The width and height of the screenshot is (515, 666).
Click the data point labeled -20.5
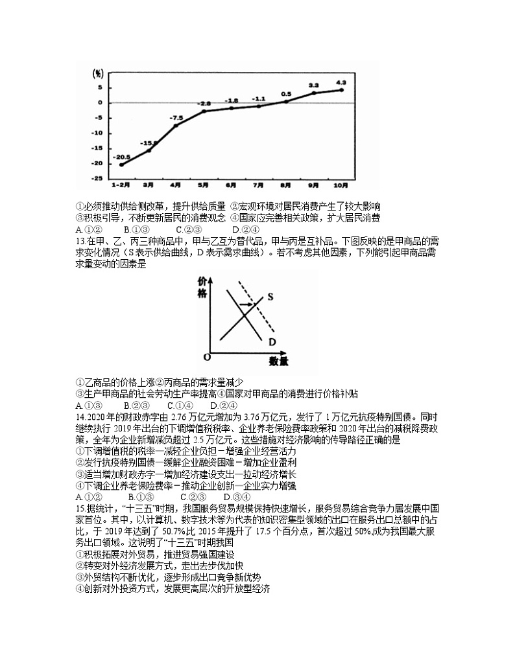click(x=121, y=165)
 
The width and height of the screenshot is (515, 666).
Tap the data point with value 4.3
click(x=341, y=89)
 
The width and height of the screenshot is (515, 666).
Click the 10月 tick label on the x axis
click(x=341, y=184)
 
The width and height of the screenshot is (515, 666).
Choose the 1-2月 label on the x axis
click(x=121, y=184)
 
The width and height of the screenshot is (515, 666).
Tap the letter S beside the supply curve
click(x=270, y=297)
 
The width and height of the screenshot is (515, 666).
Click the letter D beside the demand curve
click(x=272, y=341)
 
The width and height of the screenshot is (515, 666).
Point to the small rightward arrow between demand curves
click(x=246, y=303)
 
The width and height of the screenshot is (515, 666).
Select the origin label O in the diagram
click(x=207, y=357)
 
